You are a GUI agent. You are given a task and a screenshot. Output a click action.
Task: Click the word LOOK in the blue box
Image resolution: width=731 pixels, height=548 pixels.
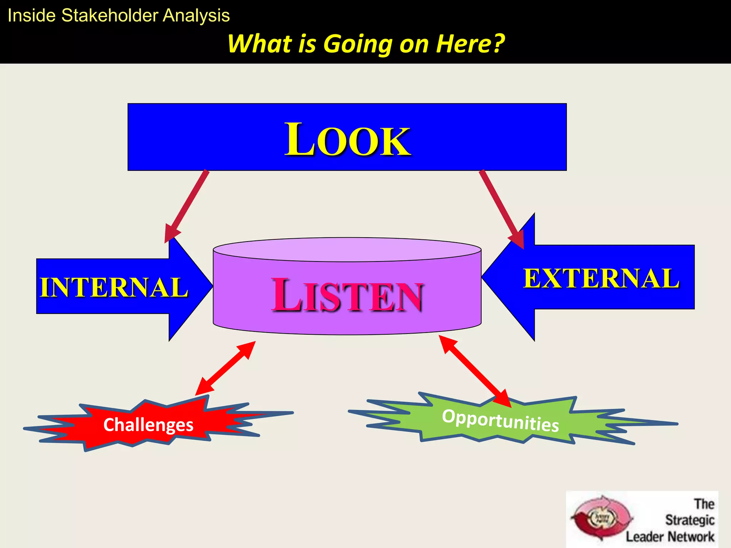click(347, 139)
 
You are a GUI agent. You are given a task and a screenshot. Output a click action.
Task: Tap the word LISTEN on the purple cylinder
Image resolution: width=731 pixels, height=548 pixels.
click(347, 295)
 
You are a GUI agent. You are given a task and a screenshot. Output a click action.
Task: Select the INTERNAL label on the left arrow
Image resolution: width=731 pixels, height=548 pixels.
click(114, 287)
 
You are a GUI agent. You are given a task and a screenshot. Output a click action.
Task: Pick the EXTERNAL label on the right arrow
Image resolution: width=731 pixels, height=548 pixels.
click(601, 278)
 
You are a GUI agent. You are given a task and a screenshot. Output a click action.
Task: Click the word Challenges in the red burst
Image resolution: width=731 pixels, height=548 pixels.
click(148, 425)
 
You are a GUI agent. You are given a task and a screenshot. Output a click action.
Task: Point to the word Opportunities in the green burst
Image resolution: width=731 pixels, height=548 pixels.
click(500, 421)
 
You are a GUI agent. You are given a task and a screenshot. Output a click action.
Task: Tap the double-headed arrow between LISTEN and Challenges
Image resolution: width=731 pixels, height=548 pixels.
click(226, 368)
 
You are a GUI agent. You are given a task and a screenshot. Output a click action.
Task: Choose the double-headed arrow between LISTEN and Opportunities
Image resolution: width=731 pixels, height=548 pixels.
click(475, 371)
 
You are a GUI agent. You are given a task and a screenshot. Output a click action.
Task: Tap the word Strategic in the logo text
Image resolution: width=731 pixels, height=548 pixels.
click(690, 520)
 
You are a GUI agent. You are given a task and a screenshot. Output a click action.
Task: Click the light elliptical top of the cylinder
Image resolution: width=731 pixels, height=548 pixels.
click(347, 250)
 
